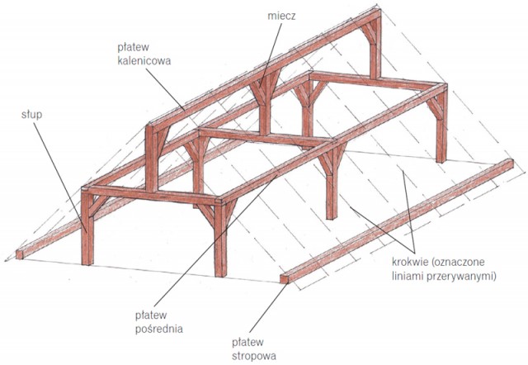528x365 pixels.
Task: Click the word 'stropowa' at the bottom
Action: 252,357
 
